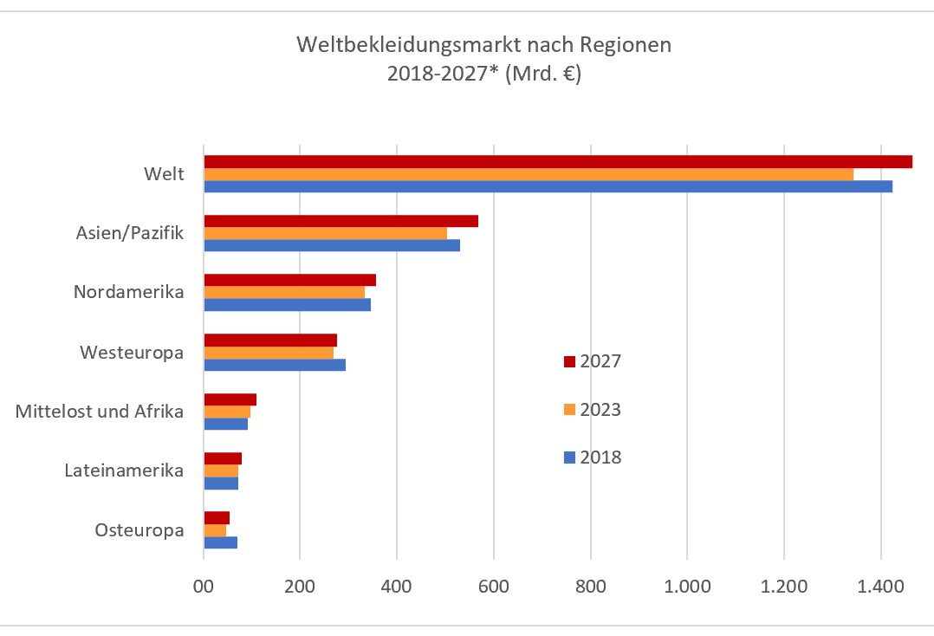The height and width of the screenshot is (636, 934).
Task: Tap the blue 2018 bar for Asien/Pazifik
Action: pyautogui.click(x=331, y=245)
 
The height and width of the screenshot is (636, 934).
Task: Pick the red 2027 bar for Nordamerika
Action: pyautogui.click(x=289, y=280)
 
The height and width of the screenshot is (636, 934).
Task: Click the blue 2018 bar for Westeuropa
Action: pyautogui.click(x=275, y=365)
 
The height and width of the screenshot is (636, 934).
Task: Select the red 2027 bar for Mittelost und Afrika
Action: pyautogui.click(x=230, y=399)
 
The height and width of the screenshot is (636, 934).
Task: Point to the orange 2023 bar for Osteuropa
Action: pyautogui.click(x=215, y=530)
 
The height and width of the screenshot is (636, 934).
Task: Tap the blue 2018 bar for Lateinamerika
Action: pyautogui.click(x=221, y=483)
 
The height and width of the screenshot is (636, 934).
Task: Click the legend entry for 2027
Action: pyautogui.click(x=593, y=361)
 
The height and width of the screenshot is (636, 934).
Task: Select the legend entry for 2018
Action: pyautogui.click(x=593, y=458)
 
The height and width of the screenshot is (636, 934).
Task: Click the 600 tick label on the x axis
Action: pyautogui.click(x=492, y=586)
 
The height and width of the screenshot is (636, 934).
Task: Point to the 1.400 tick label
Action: pyautogui.click(x=880, y=586)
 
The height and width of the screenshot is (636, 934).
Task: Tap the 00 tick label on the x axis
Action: pyautogui.click(x=203, y=586)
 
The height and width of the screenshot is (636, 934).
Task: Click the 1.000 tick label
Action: pyautogui.click(x=686, y=586)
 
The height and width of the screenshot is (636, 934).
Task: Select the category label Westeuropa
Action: pyautogui.click(x=132, y=353)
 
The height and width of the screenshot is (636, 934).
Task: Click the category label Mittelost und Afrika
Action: pyautogui.click(x=100, y=412)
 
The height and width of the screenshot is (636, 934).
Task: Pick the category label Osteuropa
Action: pyautogui.click(x=139, y=530)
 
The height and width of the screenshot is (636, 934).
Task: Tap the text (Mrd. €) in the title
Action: pyautogui.click(x=543, y=74)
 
